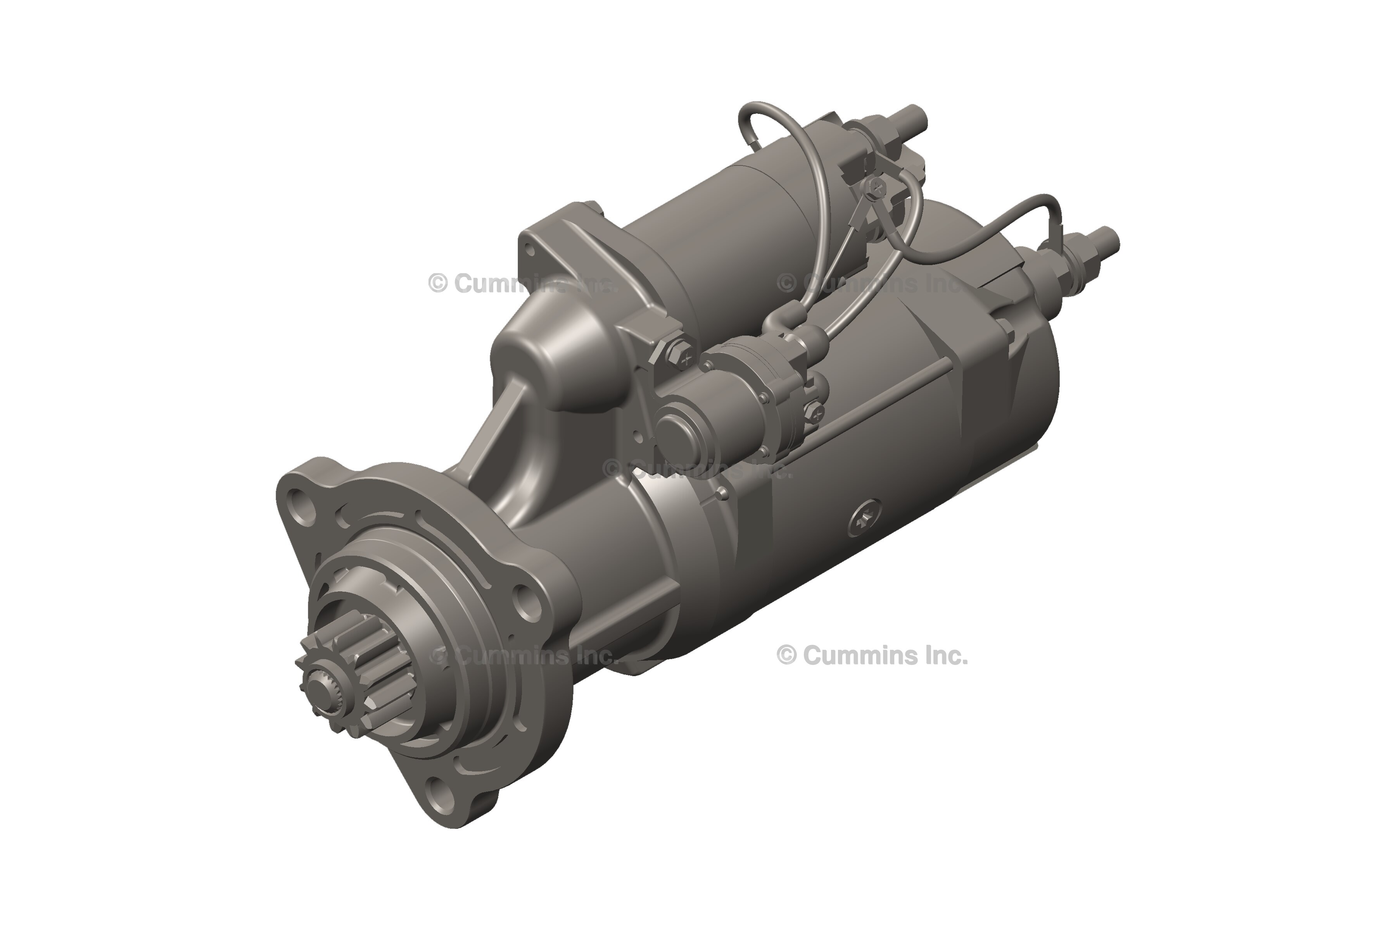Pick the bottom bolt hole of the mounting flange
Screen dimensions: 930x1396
coord(441,789)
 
